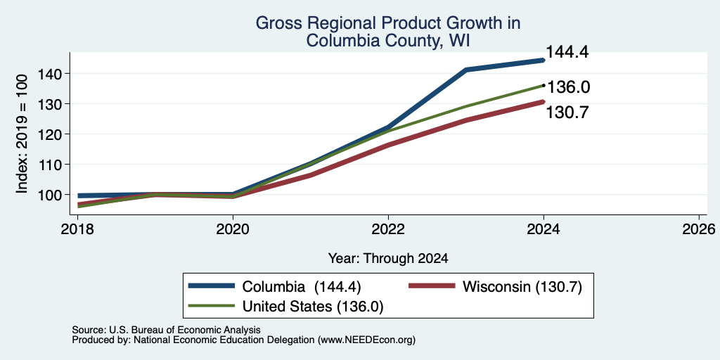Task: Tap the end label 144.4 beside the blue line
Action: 567,52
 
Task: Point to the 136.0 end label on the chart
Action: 569,87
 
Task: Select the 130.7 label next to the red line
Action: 567,112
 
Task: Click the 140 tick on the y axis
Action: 49,73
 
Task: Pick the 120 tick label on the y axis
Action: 49,134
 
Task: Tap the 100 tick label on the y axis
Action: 49,195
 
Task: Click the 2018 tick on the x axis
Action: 78,229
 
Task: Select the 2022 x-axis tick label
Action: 388,229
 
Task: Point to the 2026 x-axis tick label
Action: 699,229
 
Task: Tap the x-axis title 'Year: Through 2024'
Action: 388,259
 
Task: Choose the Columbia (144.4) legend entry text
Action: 302,287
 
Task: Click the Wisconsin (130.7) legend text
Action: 522,287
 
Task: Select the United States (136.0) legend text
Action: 313,307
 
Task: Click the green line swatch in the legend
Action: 212,305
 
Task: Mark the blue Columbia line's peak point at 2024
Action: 544,60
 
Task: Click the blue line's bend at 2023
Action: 465,70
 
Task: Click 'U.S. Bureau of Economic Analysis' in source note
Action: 185,330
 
